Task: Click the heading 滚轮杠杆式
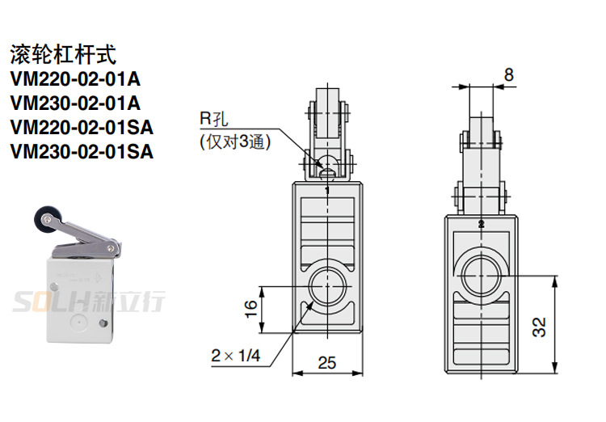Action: point(62,55)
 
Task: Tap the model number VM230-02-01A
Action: point(75,103)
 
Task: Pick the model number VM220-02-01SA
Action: point(82,127)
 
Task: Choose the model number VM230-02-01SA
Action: point(82,150)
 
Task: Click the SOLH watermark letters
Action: point(48,303)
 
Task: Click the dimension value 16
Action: point(251,308)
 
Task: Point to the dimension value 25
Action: point(326,363)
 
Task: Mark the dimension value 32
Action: point(539,326)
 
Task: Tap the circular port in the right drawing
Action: point(482,276)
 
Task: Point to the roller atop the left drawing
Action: point(326,113)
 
